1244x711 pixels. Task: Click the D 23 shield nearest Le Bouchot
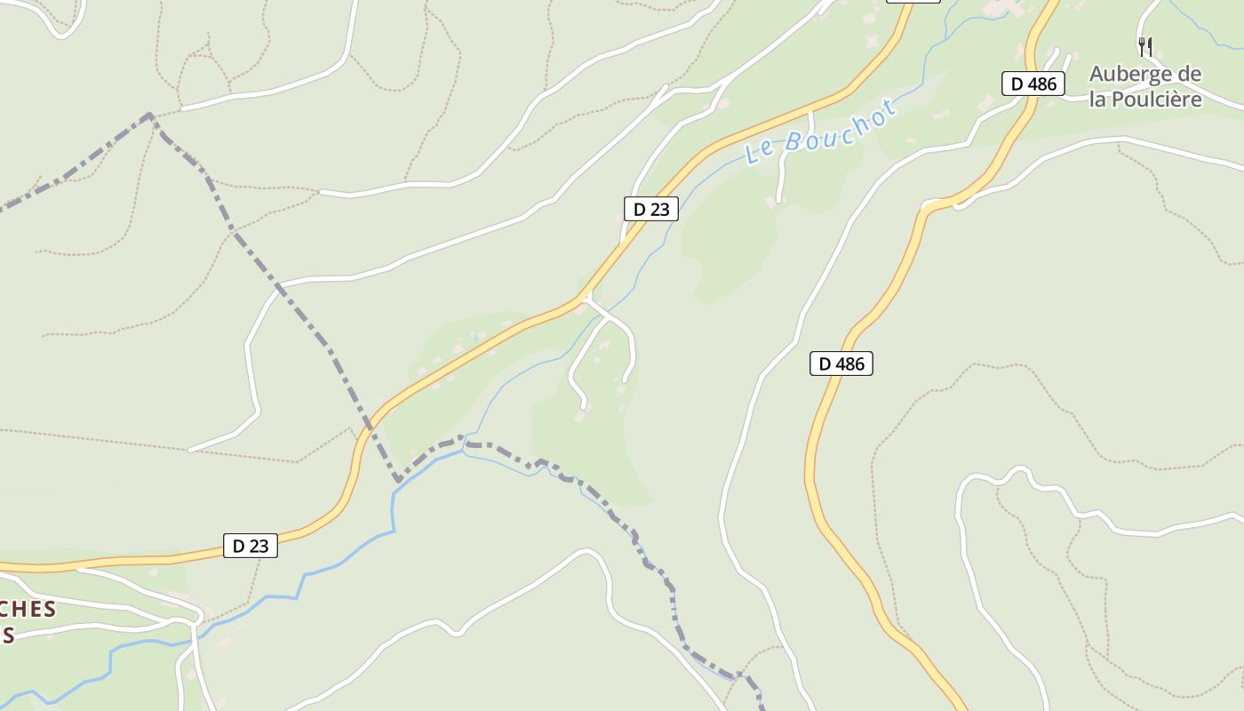tap(651, 209)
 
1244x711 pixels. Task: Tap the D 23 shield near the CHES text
tap(250, 546)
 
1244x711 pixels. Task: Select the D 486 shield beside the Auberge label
tap(1033, 84)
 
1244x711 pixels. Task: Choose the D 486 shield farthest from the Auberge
tap(841, 363)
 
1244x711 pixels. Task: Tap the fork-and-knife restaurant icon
tap(1145, 46)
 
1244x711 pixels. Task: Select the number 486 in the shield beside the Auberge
tap(1041, 84)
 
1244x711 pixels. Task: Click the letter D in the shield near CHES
tap(238, 546)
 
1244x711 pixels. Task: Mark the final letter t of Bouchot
tap(889, 109)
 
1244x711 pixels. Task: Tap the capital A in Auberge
tap(1098, 74)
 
